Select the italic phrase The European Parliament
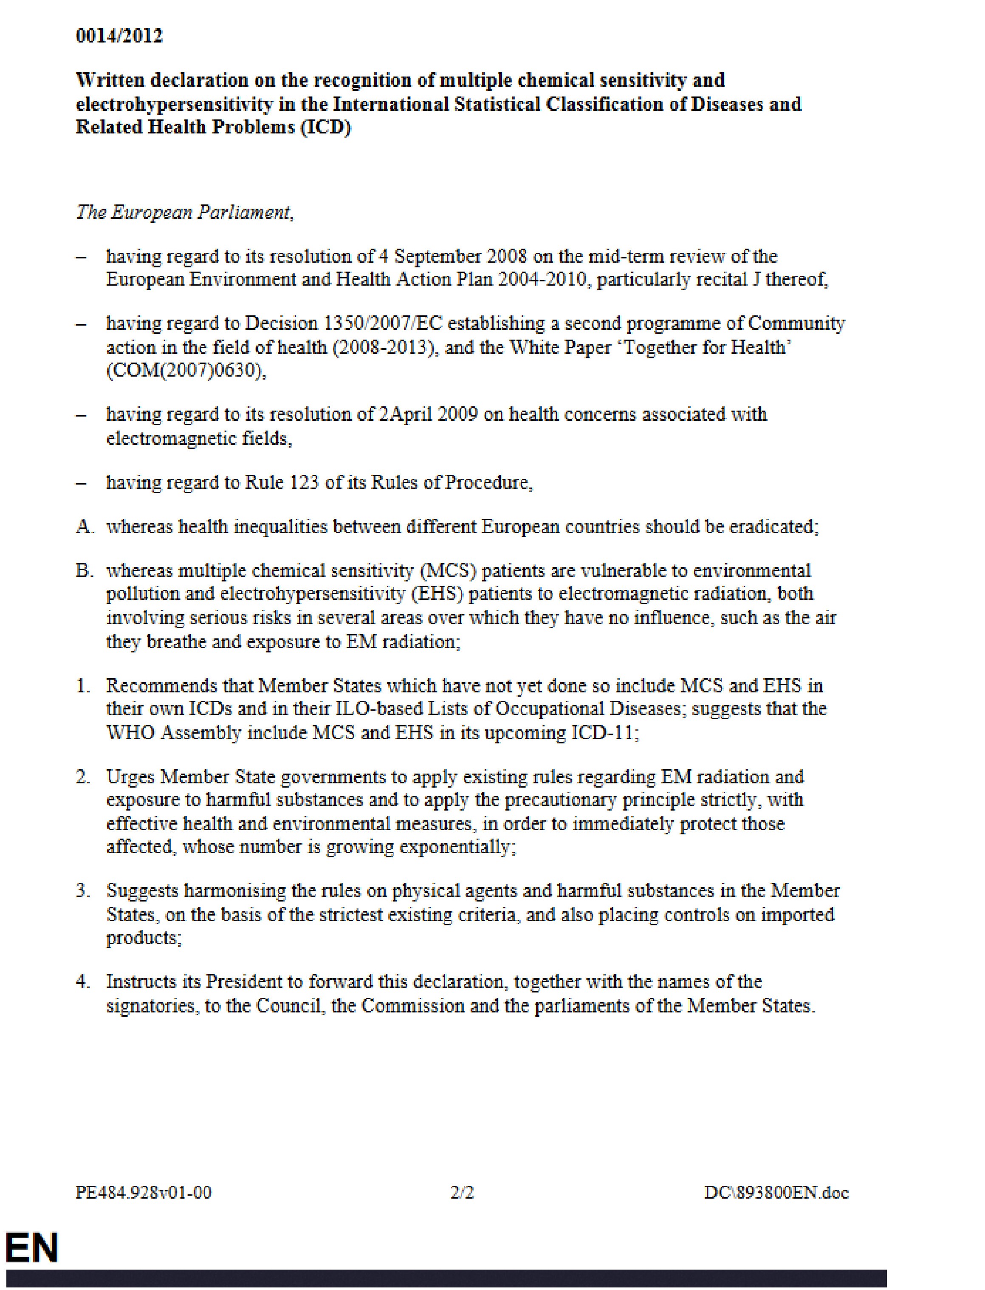tap(184, 213)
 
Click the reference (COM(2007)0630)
tap(185, 371)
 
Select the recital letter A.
tap(84, 527)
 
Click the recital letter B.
tap(84, 571)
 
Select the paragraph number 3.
tap(83, 891)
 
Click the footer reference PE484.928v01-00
tap(144, 1193)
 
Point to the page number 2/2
tap(462, 1193)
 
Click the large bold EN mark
tap(32, 1248)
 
